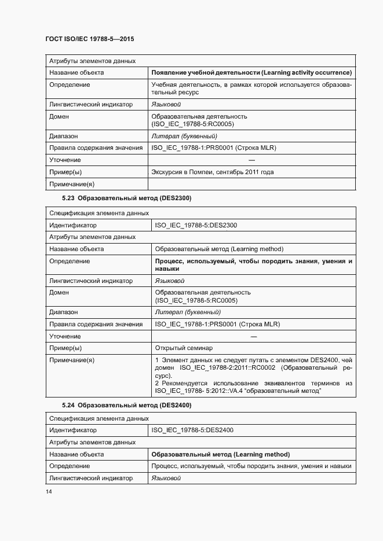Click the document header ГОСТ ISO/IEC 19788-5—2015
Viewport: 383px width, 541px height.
pos(89,39)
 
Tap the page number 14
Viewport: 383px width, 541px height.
pos(49,491)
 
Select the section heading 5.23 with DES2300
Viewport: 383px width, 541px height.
pos(126,198)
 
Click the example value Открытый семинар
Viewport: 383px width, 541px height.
pos(184,348)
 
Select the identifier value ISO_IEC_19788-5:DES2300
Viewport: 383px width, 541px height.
pos(196,225)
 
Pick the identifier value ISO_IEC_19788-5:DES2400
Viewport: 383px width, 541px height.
pos(192,430)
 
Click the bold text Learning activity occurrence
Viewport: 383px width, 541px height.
pos(307,72)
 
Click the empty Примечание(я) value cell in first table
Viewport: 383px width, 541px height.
pos(251,184)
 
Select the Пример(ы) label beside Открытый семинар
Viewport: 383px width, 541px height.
pos(65,348)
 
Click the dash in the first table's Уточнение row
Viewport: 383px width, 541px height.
pos(251,160)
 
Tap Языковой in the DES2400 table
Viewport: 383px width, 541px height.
pos(166,478)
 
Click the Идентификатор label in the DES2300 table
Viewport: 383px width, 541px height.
pos(73,225)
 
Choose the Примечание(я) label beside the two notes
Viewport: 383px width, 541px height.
pos(72,360)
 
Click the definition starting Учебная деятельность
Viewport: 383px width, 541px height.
pos(251,89)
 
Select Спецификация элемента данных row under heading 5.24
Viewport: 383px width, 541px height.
pos(91,418)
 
